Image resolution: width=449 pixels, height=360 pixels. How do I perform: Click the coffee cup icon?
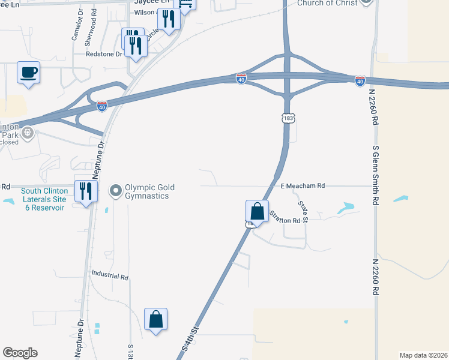[29, 73]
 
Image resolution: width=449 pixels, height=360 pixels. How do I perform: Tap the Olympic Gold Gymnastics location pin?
[116, 192]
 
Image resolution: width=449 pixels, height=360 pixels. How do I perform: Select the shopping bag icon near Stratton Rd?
[257, 211]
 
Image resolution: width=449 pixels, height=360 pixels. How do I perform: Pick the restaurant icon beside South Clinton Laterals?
[86, 191]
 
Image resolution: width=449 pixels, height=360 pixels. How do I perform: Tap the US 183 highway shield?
[289, 119]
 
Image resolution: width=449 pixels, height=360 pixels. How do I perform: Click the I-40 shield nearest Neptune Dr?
[102, 106]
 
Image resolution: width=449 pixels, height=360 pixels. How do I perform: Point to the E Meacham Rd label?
[303, 186]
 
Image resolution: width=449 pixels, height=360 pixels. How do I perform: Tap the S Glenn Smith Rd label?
[376, 175]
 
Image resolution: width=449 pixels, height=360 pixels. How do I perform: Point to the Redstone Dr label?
[106, 53]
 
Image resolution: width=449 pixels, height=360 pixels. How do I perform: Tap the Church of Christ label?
[327, 3]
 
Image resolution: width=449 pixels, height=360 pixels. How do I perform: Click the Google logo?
[20, 353]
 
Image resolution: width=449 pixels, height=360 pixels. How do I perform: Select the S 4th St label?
[190, 340]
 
